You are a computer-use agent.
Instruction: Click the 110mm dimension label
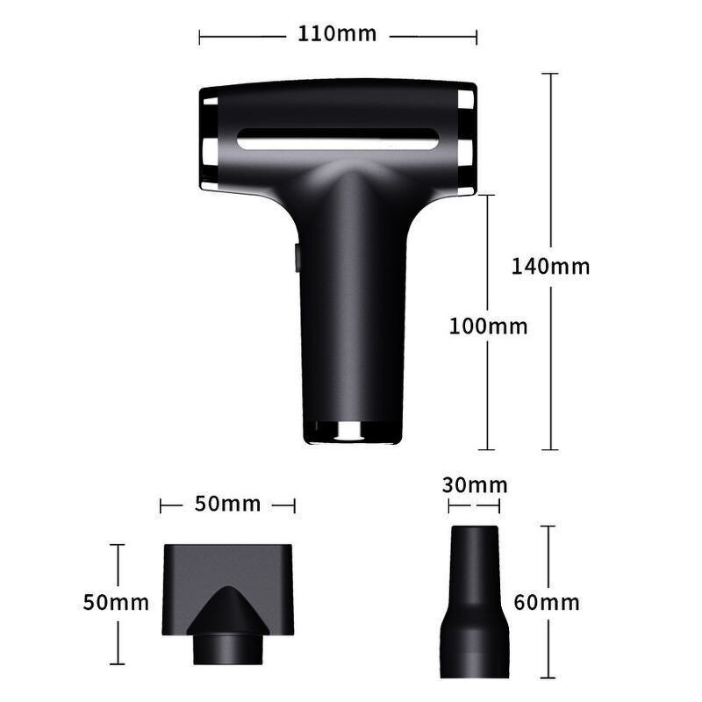(337, 34)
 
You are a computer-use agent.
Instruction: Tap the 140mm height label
(550, 266)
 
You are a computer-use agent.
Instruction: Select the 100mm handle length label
(488, 326)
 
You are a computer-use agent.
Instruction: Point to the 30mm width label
(475, 485)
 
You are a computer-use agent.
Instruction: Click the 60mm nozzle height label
(547, 602)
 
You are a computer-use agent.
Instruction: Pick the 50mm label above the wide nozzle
(227, 504)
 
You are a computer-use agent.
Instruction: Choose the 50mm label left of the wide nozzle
(116, 603)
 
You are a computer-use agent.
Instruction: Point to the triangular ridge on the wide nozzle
(227, 605)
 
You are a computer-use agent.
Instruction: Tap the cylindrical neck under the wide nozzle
(227, 649)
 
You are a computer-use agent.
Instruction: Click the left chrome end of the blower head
(208, 140)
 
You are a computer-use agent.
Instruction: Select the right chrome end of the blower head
(466, 140)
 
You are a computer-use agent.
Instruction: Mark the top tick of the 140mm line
(550, 73)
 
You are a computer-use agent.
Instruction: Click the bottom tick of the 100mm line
(488, 449)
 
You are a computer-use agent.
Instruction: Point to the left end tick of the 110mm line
(200, 37)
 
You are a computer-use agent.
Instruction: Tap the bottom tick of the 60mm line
(547, 677)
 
